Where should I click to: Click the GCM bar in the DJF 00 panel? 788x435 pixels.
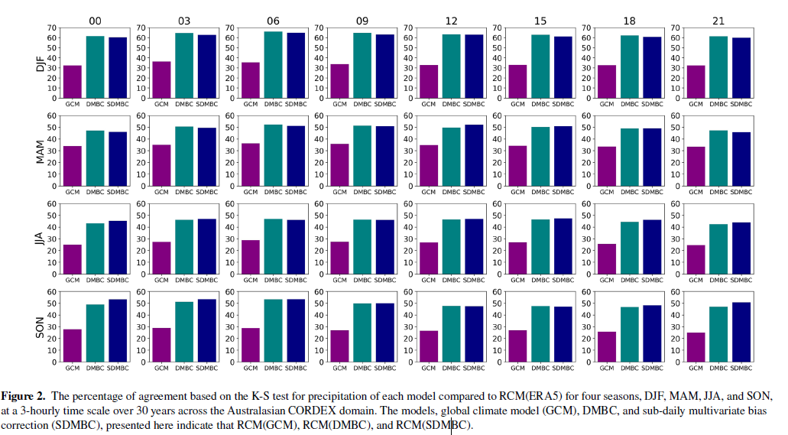coord(72,82)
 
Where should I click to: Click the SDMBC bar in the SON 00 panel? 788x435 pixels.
coord(117,330)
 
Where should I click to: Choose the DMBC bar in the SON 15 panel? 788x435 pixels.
coord(540,333)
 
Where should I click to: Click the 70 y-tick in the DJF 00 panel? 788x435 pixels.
coord(53,28)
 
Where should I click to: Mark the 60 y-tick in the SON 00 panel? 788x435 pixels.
coord(53,291)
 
